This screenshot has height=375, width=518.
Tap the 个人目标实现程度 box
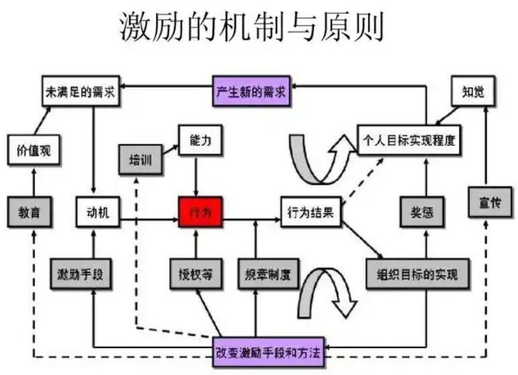(410, 142)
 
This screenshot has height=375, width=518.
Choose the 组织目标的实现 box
(416, 275)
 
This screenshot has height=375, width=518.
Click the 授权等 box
(195, 275)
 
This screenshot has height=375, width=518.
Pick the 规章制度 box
(267, 275)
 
